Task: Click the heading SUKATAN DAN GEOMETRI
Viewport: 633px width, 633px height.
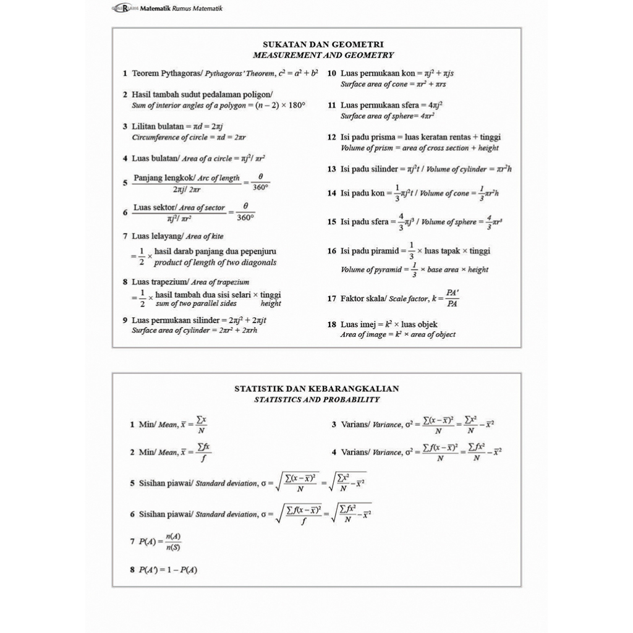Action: (323, 45)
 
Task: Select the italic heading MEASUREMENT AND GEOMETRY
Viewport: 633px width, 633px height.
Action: (323, 55)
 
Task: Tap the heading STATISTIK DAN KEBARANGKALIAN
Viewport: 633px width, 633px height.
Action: (316, 389)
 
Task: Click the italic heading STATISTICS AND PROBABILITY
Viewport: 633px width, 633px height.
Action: (316, 399)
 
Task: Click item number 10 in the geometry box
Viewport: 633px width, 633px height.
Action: (331, 73)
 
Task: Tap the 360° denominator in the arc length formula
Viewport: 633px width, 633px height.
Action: (261, 187)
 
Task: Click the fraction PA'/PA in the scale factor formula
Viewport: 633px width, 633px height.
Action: (452, 298)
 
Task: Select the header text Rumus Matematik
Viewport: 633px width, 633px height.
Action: (200, 9)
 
